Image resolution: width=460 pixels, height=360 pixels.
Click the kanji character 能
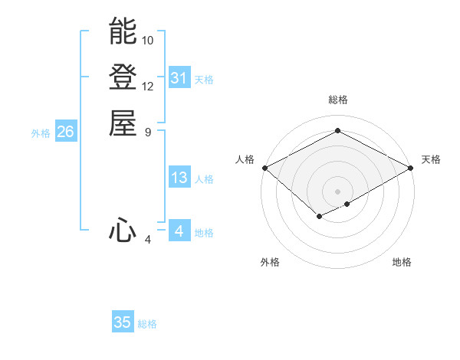click(123, 31)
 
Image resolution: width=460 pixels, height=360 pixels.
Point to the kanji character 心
click(123, 231)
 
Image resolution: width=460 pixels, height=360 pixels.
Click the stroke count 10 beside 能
click(148, 40)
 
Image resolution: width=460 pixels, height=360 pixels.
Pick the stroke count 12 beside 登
click(148, 86)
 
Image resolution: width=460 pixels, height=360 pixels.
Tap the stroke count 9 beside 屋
click(148, 132)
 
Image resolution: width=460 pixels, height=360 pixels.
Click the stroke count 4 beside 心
click(148, 240)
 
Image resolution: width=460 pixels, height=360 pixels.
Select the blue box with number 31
click(179, 78)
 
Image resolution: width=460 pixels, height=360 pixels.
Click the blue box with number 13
click(179, 178)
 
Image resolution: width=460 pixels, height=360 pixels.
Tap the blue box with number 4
click(179, 231)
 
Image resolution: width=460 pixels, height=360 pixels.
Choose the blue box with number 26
click(66, 132)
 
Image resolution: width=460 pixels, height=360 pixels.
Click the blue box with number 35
click(123, 322)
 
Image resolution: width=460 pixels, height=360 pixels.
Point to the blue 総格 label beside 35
click(147, 324)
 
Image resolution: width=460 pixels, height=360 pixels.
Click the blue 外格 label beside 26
click(41, 133)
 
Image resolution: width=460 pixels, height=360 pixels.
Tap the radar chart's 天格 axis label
click(431, 159)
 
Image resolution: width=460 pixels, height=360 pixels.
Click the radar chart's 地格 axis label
click(402, 262)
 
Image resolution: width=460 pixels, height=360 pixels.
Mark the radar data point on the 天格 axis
click(412, 168)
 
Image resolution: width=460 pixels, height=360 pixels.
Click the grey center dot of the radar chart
click(337, 191)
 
